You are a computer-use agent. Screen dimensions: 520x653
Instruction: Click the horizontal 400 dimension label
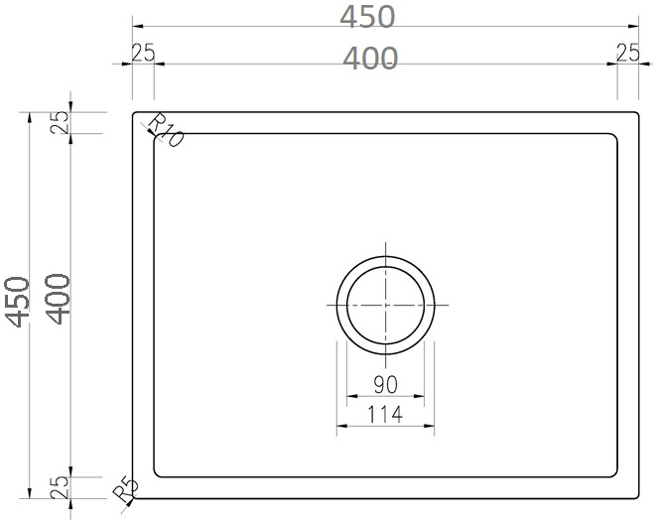point(370,59)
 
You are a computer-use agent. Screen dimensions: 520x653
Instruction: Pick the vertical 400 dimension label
point(58,299)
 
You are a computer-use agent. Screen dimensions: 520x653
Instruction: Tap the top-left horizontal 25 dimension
point(142,54)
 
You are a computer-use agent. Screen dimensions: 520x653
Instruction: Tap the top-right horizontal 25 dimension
point(627,54)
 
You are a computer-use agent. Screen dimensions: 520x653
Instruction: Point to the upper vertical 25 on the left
point(60,122)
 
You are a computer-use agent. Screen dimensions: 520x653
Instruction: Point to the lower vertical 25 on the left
point(60,487)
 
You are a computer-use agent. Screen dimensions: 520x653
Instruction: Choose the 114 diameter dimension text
point(385,415)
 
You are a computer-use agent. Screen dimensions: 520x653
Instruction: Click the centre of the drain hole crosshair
point(385,303)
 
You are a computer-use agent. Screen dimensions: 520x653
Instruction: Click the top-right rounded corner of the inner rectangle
point(615,136)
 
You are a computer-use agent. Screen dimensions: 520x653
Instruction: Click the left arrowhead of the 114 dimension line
point(340,428)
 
